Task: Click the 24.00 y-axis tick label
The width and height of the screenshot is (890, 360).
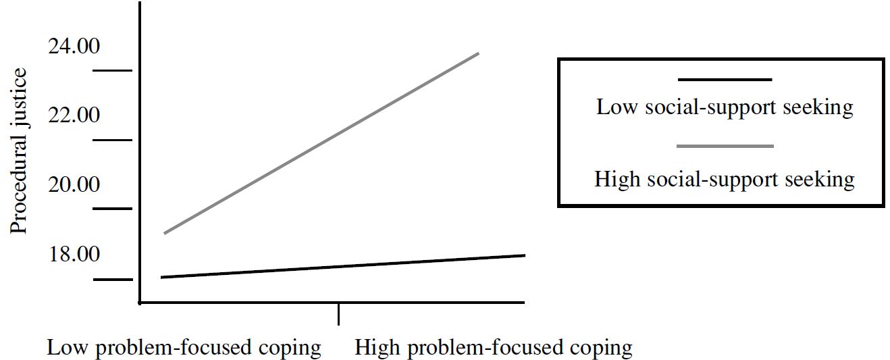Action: point(74,46)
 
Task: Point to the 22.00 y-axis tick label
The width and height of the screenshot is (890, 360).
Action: point(74,115)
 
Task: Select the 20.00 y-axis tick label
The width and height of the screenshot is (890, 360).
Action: point(74,184)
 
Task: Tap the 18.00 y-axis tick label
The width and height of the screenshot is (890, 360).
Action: point(74,254)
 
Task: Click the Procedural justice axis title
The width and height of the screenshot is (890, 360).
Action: point(18,151)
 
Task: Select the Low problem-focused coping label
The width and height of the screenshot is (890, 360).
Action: point(184,348)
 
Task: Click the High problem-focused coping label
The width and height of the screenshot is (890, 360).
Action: point(493,348)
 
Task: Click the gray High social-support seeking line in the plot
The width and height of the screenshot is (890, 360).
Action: point(321,143)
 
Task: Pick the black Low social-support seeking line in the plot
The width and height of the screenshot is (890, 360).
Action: point(343,266)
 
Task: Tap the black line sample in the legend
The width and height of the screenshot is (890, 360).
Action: point(725,80)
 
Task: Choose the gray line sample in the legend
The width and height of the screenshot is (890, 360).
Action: point(725,146)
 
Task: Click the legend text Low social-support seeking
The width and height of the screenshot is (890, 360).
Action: point(725,107)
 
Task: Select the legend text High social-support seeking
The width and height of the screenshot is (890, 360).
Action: point(725,180)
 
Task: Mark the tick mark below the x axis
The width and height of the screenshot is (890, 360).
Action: point(338,314)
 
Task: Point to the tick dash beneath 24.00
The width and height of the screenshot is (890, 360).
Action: point(112,71)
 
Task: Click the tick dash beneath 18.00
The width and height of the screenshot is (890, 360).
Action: point(113,280)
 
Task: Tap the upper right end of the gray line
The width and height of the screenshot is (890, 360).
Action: point(478,53)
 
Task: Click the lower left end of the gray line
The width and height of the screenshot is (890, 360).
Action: point(165,233)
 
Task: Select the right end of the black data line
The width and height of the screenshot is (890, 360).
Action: point(525,255)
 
